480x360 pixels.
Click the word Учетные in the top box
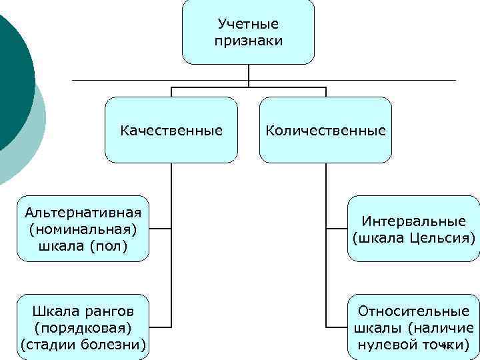pyautogui.click(x=248, y=25)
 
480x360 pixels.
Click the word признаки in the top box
pyautogui.click(x=248, y=41)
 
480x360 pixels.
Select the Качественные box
pyautogui.click(x=171, y=130)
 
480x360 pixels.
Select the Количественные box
pyautogui.click(x=325, y=130)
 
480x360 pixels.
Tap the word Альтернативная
pyautogui.click(x=83, y=213)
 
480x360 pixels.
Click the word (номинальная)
pyautogui.click(x=83, y=229)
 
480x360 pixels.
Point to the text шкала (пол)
pyautogui.click(x=83, y=245)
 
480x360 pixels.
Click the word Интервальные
pyautogui.click(x=413, y=221)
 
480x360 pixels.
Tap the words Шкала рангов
pyautogui.click(x=83, y=311)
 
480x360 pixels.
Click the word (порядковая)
pyautogui.click(x=83, y=327)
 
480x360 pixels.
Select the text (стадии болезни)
pyautogui.click(x=83, y=344)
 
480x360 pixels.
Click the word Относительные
pyautogui.click(x=413, y=311)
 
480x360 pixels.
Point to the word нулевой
pyautogui.click(x=385, y=344)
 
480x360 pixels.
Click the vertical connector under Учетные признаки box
pyautogui.click(x=249, y=75)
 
